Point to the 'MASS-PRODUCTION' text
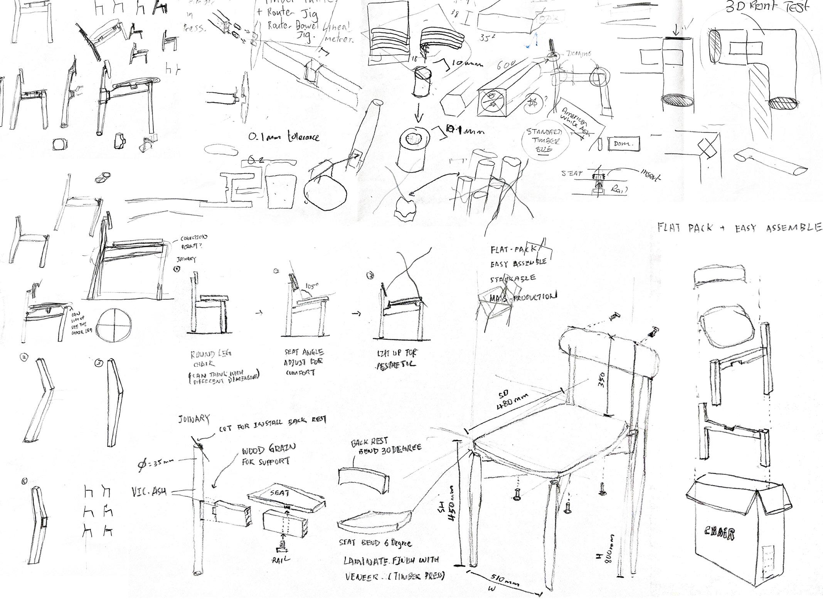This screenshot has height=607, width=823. pos(522,297)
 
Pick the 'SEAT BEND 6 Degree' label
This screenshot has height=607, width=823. pos(375,544)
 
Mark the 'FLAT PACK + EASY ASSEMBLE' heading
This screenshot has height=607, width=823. pos(740,228)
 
